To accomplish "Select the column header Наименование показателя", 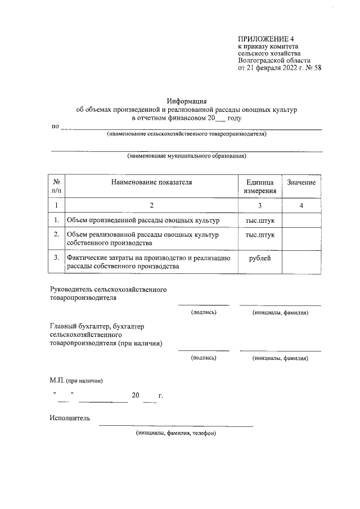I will coord(151,183).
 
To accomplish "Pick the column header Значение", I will coord(301,183).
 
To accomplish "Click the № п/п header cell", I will coord(57,187).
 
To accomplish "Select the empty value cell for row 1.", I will coord(301,220).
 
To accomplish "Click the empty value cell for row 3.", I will coord(301,262).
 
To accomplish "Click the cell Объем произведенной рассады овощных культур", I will coord(143,220).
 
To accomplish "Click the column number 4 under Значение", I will coord(301,206).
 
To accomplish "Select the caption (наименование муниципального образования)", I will coord(186,156).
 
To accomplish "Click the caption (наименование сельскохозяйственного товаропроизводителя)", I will coord(186,134).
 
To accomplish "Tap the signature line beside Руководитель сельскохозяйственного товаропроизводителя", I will coord(204,304).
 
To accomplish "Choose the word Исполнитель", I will coord(69,418).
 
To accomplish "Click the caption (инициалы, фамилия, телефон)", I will coord(175,434).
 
